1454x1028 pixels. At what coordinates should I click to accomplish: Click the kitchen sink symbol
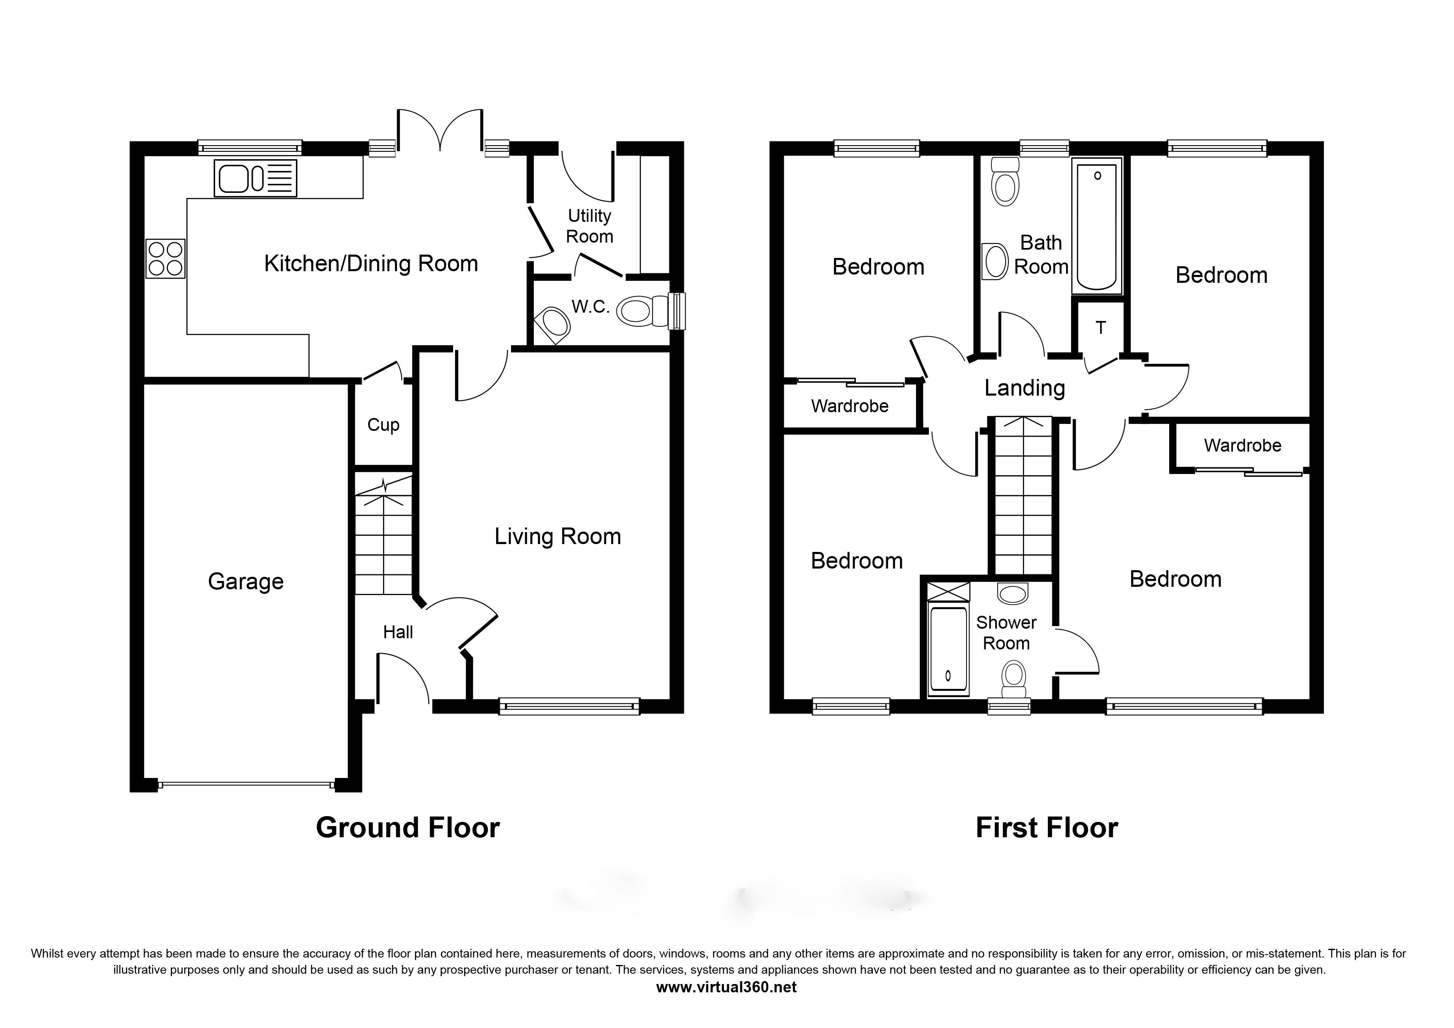[x=256, y=178]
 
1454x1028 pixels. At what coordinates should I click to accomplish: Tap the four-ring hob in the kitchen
[x=165, y=258]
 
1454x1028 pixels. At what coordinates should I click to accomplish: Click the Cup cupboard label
[x=383, y=425]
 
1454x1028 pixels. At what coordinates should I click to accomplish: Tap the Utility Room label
[x=589, y=226]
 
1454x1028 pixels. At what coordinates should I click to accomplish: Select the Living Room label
[x=557, y=537]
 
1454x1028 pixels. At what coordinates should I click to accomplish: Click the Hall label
[x=398, y=632]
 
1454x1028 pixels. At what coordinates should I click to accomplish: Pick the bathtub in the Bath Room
[x=1097, y=226]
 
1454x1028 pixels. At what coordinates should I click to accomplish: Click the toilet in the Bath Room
[x=1005, y=181]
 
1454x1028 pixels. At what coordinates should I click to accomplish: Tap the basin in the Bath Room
[x=995, y=262]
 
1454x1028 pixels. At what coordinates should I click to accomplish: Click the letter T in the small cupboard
[x=1100, y=328]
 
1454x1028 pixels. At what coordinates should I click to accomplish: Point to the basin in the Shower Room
[x=1012, y=593]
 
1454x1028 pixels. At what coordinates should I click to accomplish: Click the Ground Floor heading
[x=408, y=828]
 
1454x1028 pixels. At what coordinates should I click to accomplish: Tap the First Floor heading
[x=1047, y=828]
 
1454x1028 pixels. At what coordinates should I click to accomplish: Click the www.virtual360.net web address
[x=726, y=987]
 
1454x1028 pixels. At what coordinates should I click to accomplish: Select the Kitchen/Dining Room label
[x=371, y=263]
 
